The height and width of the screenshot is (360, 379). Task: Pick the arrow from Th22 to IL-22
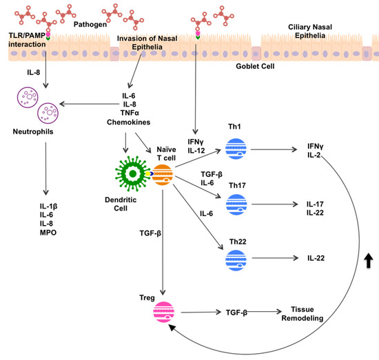click(x=276, y=257)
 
